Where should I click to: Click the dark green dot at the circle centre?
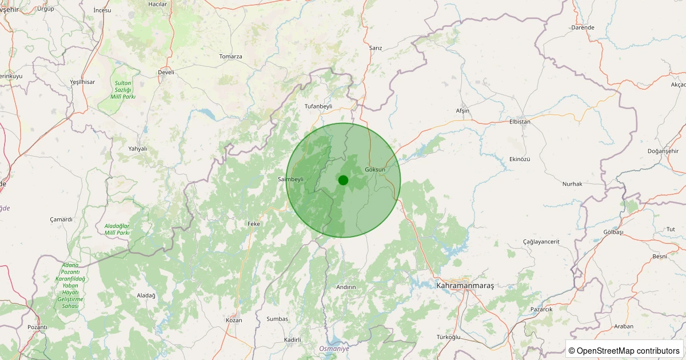pos(343,180)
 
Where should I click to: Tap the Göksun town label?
pos(375,170)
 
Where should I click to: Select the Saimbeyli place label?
pos(290,179)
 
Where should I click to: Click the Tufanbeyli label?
pos(318,107)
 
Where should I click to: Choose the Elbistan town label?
pos(520,122)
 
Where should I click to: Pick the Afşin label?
pos(462,110)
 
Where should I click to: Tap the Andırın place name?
pos(346,287)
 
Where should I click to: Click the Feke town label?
pos(253,224)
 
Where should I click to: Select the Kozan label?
pos(234,321)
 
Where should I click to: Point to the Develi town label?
pos(166,73)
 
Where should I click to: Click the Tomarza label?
pos(231,57)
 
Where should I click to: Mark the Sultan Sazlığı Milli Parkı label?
pos(123,90)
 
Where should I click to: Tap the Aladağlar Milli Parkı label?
pos(117,230)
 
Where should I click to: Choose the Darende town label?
pos(583,27)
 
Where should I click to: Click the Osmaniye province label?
pos(334,349)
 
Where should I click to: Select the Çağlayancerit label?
pos(541,242)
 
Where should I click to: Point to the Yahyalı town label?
pos(138,149)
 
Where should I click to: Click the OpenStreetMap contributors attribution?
pos(624,350)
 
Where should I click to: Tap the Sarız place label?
pos(376,48)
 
